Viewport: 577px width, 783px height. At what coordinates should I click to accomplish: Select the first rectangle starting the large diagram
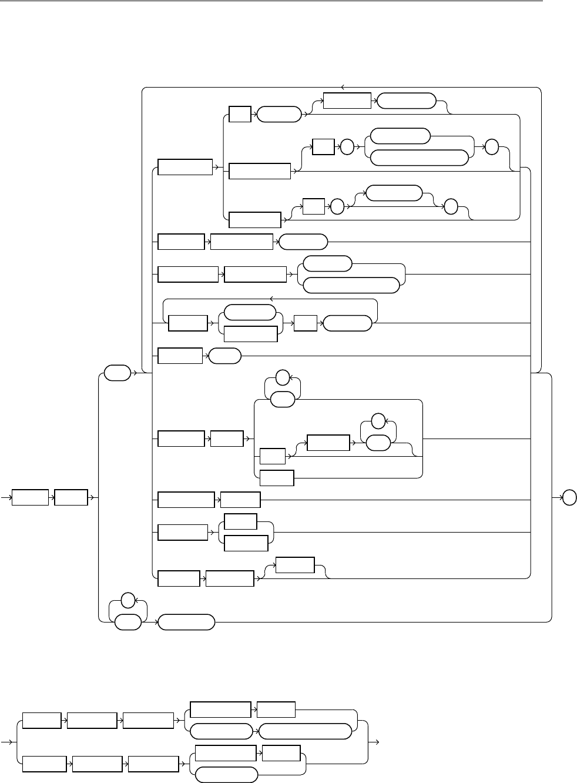[x=30, y=498]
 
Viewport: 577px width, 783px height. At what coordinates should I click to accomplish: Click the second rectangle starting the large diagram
[x=71, y=498]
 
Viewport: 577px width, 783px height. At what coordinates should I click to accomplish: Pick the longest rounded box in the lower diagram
[x=306, y=731]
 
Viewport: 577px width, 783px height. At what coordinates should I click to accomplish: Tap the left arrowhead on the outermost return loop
[x=343, y=88]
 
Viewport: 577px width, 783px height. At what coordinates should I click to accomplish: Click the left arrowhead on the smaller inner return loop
[x=270, y=300]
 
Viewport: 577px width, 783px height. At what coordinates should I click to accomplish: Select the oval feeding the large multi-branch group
[x=116, y=373]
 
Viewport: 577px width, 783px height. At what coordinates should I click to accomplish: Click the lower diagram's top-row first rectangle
[x=42, y=721]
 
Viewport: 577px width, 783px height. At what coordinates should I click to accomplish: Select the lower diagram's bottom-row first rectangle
[x=44, y=764]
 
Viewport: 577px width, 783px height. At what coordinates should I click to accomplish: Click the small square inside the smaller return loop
[x=306, y=323]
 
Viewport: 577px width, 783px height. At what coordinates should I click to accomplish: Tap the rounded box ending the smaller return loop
[x=347, y=323]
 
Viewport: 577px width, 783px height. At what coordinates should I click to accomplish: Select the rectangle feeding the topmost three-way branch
[x=185, y=166]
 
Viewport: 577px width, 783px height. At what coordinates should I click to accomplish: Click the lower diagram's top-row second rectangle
[x=92, y=721]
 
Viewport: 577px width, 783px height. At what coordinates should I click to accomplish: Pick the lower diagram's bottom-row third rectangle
[x=153, y=764]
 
